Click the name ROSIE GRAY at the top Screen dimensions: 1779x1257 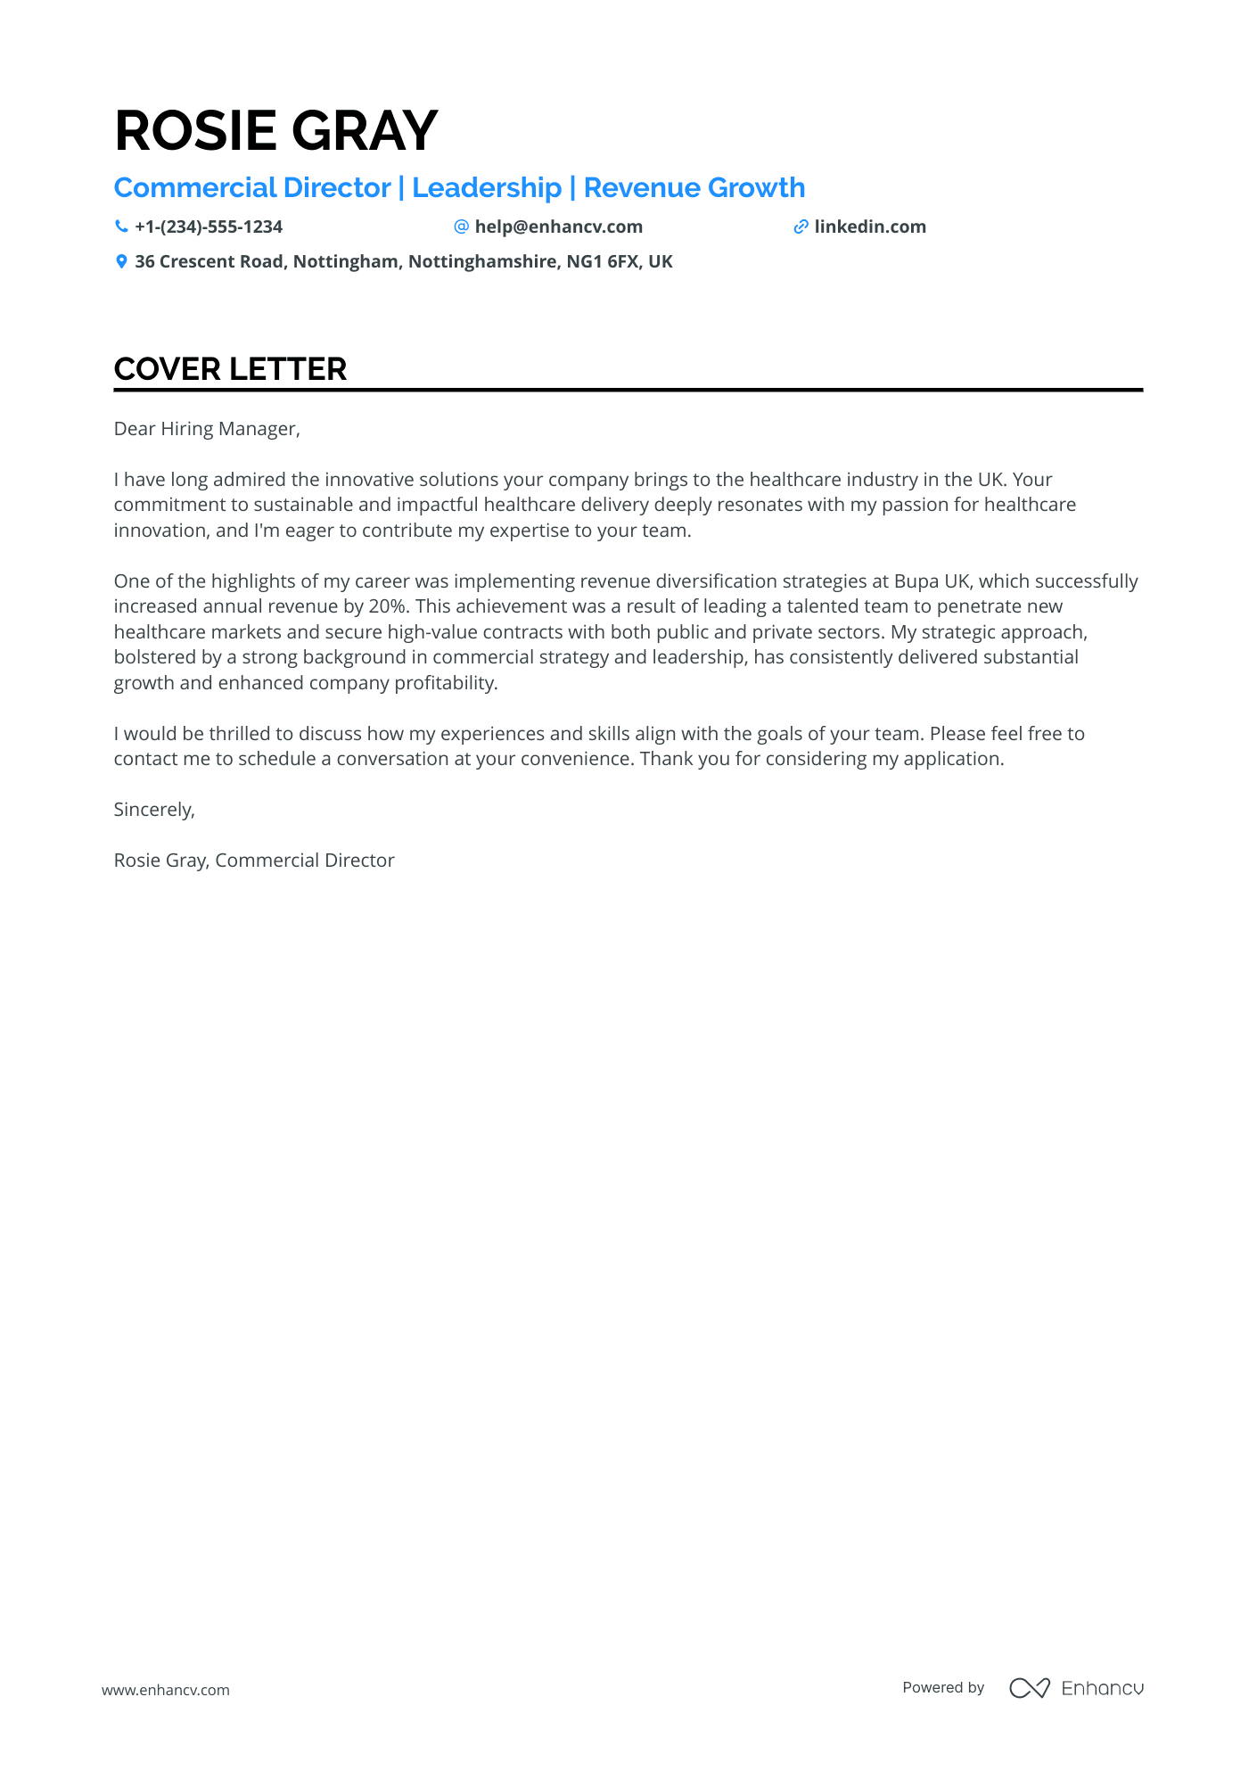275,131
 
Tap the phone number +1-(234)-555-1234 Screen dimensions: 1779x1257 208,227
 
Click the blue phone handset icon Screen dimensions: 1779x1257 121,227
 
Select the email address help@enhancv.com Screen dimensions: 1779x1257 558,227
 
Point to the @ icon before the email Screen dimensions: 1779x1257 461,227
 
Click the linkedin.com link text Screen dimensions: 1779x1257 869,227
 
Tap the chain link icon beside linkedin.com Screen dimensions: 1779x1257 801,227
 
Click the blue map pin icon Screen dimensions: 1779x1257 121,262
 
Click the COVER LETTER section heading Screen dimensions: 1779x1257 230,369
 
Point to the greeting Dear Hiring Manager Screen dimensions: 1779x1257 207,429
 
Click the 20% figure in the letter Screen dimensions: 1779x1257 386,606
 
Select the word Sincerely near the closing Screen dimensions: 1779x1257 153,810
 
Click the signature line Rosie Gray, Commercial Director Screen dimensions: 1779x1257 254,861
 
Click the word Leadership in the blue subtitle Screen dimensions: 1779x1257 487,188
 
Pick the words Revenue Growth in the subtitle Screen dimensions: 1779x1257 694,188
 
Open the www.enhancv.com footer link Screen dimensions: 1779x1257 166,1690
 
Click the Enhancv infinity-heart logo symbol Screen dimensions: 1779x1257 1029,1688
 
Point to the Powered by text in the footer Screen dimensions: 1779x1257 943,1687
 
